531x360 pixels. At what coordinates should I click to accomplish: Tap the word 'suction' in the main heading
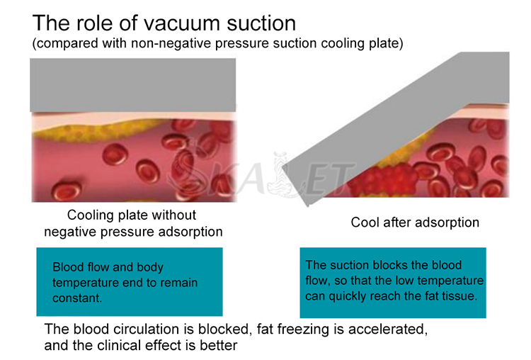pos(261,23)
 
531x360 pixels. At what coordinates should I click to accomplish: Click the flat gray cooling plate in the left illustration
pos(133,85)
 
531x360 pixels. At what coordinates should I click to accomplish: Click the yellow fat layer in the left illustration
pos(91,133)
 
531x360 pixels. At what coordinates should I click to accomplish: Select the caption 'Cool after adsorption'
pos(415,223)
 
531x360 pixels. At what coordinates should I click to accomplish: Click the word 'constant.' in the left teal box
pos(77,298)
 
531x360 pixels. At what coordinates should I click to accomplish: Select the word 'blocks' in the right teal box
pos(390,265)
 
